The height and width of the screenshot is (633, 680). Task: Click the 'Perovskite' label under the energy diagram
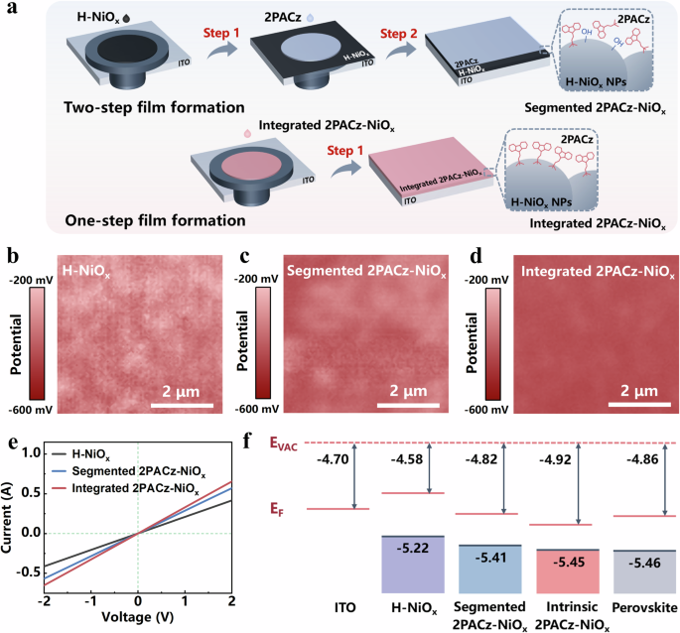click(x=634, y=606)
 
